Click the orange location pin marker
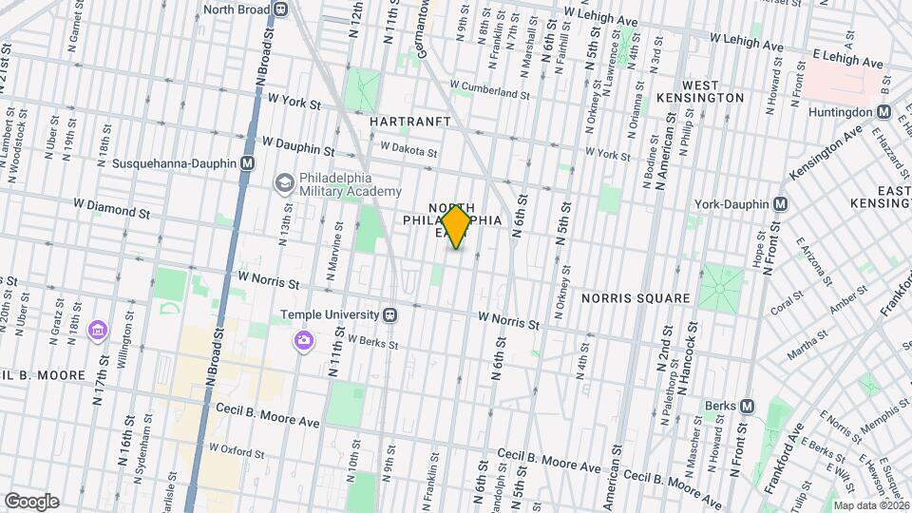click(457, 226)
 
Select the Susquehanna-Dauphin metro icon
click(248, 163)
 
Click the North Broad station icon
click(280, 9)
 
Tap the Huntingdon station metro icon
click(883, 112)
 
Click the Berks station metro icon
click(747, 407)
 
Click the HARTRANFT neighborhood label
click(408, 123)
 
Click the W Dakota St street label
click(408, 150)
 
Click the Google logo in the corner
click(30, 501)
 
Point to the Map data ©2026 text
click(870, 505)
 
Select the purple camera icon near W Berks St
click(304, 340)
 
